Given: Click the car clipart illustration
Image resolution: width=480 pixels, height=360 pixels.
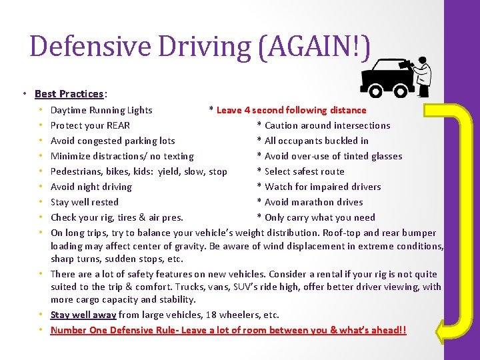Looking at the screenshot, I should (x=385, y=77).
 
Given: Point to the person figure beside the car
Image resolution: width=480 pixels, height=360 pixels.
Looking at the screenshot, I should (x=421, y=75).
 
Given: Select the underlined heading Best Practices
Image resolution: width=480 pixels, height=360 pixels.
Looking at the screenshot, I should (x=69, y=94).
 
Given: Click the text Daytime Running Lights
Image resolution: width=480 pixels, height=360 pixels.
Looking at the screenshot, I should (x=101, y=110).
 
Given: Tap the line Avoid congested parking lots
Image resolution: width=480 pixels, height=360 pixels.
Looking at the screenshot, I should (x=113, y=141).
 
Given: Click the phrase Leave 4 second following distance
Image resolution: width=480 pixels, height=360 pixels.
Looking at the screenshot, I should (x=291, y=110).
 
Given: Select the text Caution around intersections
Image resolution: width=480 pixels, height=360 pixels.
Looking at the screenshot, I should (x=327, y=125).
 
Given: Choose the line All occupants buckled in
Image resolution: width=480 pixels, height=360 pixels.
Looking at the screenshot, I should (x=317, y=141).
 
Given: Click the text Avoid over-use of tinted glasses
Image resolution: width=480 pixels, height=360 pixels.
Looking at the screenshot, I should (x=333, y=156).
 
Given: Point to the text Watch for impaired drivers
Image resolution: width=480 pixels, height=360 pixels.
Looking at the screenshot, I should (x=323, y=187).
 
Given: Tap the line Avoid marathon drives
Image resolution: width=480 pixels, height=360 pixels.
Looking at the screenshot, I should (x=314, y=202).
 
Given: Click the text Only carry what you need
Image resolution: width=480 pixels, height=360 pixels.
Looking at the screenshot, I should (x=320, y=217).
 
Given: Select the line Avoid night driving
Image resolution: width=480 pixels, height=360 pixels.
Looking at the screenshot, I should (x=91, y=187).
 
